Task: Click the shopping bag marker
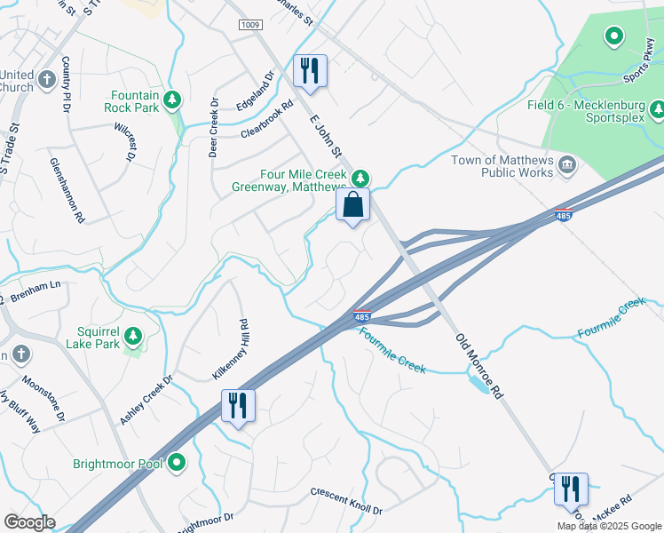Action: tap(352, 205)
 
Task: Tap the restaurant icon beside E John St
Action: tap(310, 70)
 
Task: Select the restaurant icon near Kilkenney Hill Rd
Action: tap(238, 406)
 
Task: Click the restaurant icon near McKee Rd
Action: tap(571, 489)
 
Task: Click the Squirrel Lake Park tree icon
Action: tap(133, 336)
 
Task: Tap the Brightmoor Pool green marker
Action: tap(178, 463)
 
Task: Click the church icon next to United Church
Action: tap(22, 82)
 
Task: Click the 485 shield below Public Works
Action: tap(562, 215)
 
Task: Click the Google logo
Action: tap(29, 522)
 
